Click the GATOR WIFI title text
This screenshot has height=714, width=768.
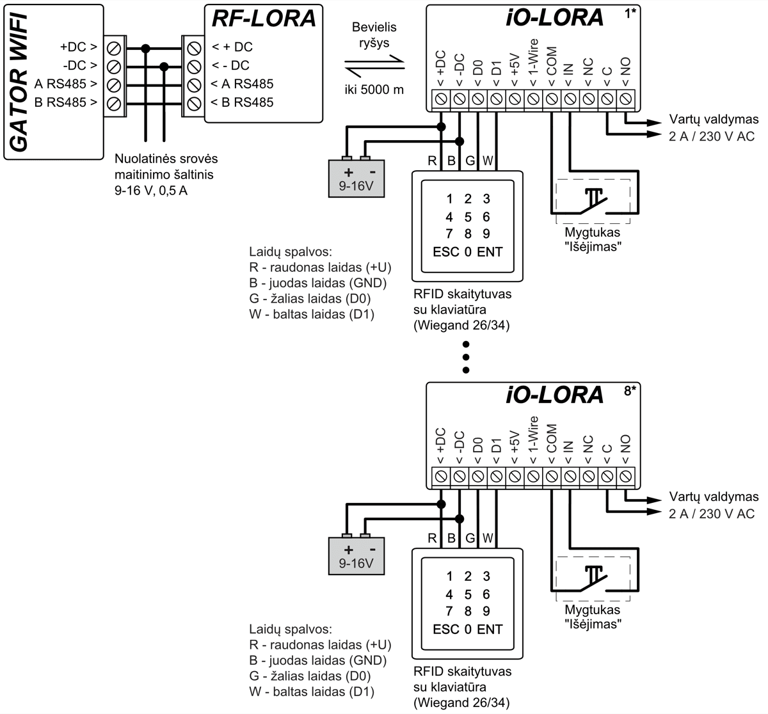[20, 80]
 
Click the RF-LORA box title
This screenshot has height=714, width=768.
[264, 19]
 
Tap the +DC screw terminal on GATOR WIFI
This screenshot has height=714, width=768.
[114, 47]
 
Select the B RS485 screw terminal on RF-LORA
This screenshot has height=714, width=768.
[192, 102]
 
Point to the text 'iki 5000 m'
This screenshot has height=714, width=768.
[374, 90]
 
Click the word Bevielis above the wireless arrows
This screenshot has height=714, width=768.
[374, 28]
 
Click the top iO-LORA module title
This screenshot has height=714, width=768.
[554, 18]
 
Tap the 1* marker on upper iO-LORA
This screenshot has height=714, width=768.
[630, 13]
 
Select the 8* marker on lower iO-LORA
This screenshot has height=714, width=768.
[630, 391]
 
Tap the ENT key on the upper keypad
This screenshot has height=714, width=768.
[490, 251]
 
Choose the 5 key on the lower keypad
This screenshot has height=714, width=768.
[468, 594]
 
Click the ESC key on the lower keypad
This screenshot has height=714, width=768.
[446, 629]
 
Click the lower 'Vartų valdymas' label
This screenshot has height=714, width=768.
[714, 496]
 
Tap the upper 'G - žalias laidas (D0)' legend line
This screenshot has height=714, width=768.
[310, 298]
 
